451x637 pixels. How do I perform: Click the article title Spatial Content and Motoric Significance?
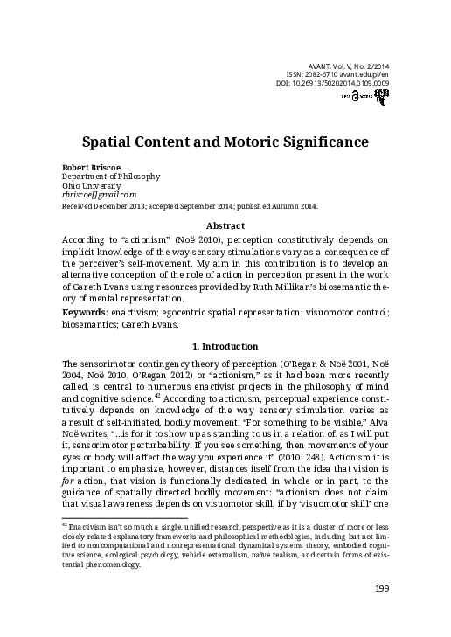tap(225, 140)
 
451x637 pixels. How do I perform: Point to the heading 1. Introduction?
tap(225, 346)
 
